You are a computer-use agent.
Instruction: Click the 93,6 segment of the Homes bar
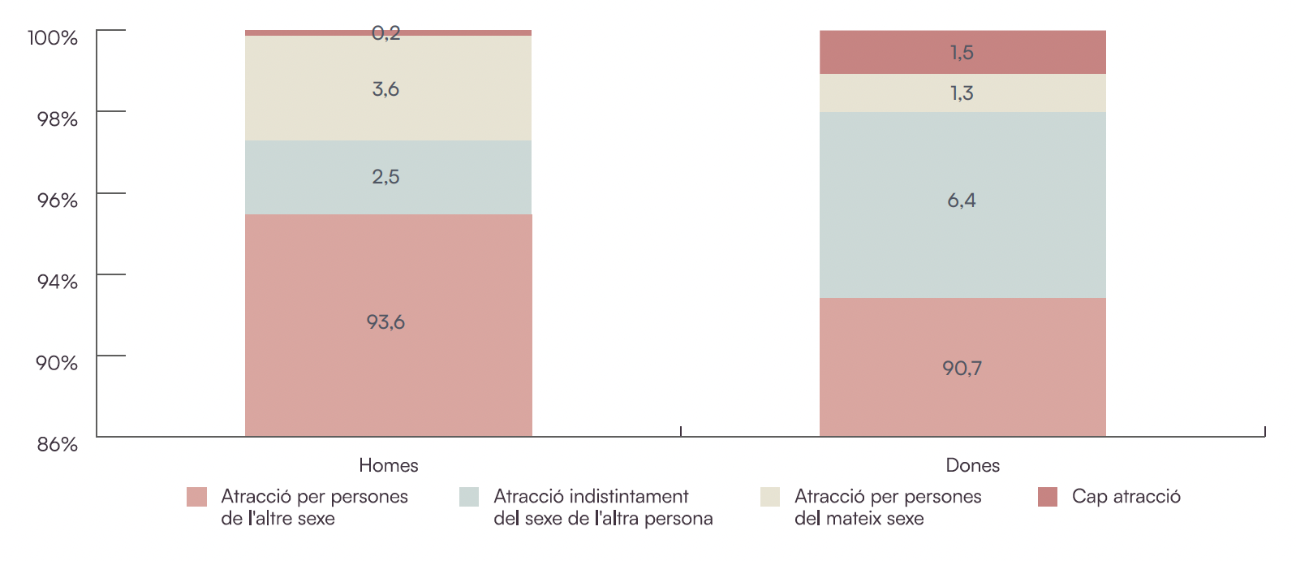tap(388, 325)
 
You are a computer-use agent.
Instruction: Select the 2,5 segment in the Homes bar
tap(388, 177)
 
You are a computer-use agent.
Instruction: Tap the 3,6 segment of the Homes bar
tap(388, 88)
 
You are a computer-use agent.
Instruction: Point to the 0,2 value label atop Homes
tap(386, 33)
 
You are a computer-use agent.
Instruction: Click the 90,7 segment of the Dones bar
tap(962, 368)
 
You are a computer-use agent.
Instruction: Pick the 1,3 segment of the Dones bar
tap(962, 93)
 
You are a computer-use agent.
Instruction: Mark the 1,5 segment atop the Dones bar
tap(962, 53)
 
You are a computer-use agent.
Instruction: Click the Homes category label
tap(389, 465)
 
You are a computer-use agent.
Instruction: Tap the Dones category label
tap(972, 465)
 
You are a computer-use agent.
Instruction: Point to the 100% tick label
tap(53, 38)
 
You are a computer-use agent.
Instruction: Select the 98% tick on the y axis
tap(57, 119)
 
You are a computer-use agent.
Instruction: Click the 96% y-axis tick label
tap(57, 201)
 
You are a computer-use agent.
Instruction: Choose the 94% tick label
tap(57, 282)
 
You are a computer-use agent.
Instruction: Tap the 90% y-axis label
tap(57, 363)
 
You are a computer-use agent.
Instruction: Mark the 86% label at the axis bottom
tap(57, 444)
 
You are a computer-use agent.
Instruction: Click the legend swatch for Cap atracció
tap(1048, 497)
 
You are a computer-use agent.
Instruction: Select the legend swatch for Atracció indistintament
tap(469, 497)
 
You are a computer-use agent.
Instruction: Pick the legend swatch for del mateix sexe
tap(770, 497)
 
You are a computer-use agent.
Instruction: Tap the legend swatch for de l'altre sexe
tap(196, 497)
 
